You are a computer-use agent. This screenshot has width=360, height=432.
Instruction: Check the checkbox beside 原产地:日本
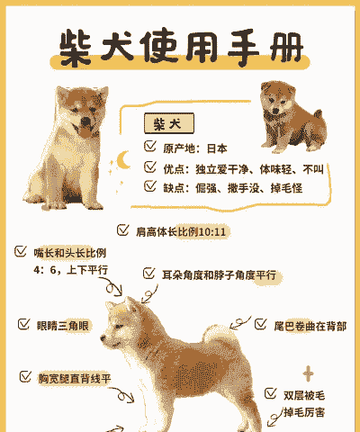[x=150, y=146]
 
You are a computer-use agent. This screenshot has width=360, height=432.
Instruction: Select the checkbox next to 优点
[x=150, y=166]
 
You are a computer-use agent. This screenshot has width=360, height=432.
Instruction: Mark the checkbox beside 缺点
[x=150, y=186]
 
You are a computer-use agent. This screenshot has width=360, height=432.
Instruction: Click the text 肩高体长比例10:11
[x=180, y=231]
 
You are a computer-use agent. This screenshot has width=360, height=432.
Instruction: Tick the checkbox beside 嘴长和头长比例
[x=20, y=251]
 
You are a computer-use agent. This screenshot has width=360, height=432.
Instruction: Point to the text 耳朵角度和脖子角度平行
[x=218, y=274]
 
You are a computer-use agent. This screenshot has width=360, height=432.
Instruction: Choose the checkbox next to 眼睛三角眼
[x=23, y=323]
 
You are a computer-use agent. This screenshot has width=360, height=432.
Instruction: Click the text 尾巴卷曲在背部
[x=311, y=325]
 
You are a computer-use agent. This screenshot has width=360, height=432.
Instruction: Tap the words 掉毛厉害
[x=304, y=412]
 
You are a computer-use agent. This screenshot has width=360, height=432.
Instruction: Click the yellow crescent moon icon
[x=124, y=161]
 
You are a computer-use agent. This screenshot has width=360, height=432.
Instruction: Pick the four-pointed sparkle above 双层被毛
[x=308, y=373]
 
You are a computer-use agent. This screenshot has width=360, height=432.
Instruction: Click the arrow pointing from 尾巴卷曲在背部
[x=238, y=322]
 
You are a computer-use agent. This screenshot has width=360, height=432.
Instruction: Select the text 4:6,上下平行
[x=71, y=269]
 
